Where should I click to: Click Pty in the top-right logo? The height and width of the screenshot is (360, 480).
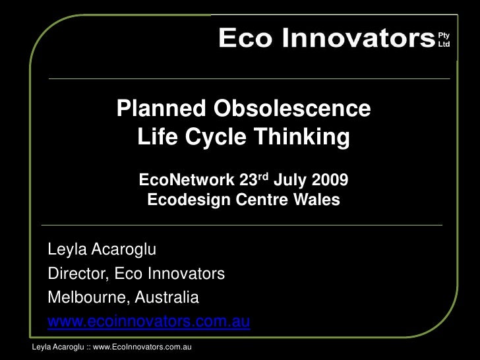point(444,35)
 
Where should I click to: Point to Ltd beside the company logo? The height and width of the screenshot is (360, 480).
point(444,44)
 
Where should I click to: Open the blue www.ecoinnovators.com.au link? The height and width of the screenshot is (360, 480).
point(148,322)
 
